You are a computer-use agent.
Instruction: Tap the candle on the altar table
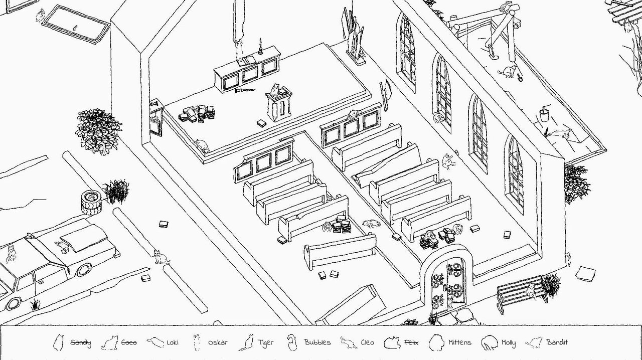(x=260, y=46)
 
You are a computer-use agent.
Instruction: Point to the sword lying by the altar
(x=244, y=91)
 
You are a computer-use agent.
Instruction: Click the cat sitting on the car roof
(x=62, y=246)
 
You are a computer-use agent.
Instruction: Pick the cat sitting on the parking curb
(x=159, y=257)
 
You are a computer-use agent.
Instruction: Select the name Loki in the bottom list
(x=172, y=342)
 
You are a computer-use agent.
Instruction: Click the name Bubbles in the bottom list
(x=317, y=342)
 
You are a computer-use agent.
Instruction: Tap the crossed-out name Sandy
(x=80, y=342)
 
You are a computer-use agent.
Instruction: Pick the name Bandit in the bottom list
(x=557, y=342)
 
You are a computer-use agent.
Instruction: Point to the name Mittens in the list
(x=459, y=342)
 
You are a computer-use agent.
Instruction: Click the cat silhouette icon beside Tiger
(x=247, y=342)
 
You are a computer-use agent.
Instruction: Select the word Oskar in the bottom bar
(x=217, y=342)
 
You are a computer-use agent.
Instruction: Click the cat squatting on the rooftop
(x=509, y=72)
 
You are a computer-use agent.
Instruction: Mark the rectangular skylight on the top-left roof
(x=75, y=24)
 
